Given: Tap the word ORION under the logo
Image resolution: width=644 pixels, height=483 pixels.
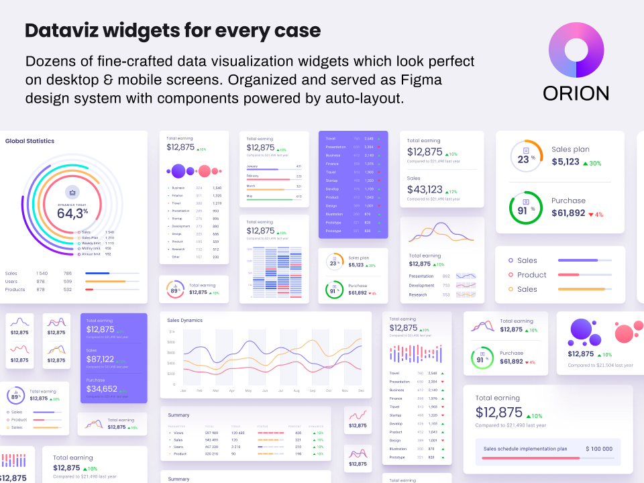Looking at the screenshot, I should tap(576, 93).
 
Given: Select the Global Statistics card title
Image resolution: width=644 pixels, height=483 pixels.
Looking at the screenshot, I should tap(30, 141).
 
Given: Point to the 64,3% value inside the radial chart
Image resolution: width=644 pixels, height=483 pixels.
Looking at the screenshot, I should tap(72, 213).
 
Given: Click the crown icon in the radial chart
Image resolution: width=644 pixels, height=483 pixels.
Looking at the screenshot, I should tap(72, 191).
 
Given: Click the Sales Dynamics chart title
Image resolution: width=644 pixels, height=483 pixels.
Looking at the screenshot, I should tap(184, 320).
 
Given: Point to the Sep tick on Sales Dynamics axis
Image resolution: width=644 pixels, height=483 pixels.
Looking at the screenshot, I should tap(313, 390).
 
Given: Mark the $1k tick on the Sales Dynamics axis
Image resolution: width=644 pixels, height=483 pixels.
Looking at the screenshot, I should tap(172, 331).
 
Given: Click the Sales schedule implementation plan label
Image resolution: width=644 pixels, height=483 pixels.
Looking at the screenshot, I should tap(525, 449).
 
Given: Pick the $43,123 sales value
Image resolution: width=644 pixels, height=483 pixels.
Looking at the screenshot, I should tap(425, 190).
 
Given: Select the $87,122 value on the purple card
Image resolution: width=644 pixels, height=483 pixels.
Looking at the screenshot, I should tap(100, 359).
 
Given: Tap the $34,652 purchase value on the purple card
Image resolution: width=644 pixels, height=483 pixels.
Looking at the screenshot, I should tap(101, 388).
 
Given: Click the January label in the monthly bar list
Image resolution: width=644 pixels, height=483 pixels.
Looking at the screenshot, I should tap(252, 166).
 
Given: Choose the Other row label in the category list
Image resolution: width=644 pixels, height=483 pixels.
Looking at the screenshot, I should tap(176, 257).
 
